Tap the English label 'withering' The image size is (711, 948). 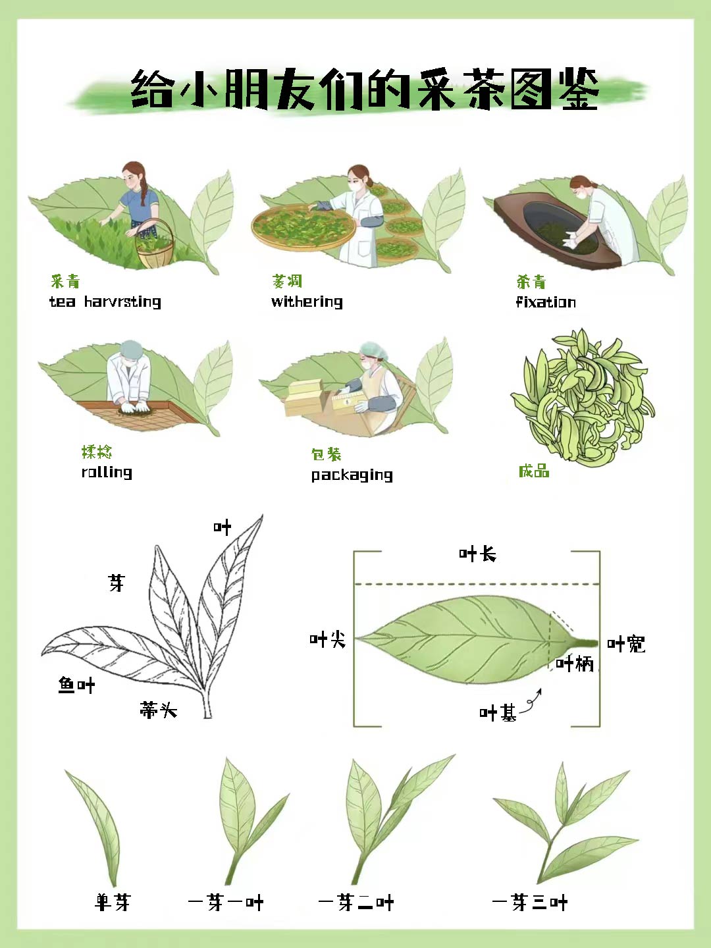[307, 302]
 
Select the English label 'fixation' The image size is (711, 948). [546, 302]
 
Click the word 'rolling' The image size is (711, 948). [107, 472]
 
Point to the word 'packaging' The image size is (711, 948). [352, 475]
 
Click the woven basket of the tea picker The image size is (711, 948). [155, 247]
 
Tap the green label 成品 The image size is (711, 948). [533, 471]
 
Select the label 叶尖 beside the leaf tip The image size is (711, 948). [327, 639]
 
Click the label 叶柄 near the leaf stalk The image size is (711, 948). [575, 664]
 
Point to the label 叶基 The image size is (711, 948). [498, 713]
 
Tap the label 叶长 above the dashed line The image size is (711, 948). [477, 554]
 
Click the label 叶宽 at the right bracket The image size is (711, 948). [625, 644]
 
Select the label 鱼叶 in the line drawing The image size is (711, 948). [76, 685]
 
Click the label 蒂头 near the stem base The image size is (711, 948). [158, 710]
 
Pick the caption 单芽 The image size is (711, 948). [113, 902]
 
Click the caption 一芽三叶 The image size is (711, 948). [529, 903]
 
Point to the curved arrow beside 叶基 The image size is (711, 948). [532, 702]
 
